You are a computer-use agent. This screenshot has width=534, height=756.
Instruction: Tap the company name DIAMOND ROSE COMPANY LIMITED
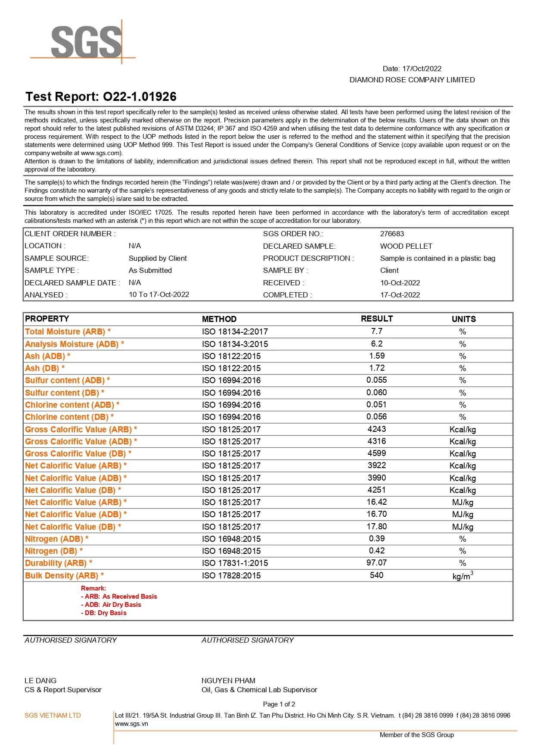click(412, 80)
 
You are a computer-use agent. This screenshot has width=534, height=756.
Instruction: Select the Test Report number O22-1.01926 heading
click(101, 97)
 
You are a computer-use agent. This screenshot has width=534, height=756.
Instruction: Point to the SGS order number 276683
click(392, 234)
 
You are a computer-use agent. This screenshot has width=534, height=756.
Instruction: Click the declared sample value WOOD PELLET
click(406, 246)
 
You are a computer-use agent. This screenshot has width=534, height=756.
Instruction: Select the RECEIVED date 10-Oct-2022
click(400, 283)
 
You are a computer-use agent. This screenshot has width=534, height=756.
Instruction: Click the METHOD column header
click(219, 319)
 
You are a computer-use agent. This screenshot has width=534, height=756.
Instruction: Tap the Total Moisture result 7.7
click(376, 331)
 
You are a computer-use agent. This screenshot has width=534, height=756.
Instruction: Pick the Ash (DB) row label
click(44, 368)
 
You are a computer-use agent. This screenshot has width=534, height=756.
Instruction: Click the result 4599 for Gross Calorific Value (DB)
click(376, 453)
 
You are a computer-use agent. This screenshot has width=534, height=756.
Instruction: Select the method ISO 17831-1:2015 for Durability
click(235, 563)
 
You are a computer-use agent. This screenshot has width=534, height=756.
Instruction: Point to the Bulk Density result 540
click(376, 575)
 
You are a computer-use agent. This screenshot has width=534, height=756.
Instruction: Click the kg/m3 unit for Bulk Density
click(463, 576)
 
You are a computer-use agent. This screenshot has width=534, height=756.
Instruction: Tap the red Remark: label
click(93, 588)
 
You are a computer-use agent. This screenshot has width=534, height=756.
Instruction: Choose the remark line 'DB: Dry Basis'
click(104, 612)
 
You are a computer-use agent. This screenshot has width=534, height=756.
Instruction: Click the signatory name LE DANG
click(40, 680)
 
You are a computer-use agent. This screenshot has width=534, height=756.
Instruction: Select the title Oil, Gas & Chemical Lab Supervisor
click(259, 690)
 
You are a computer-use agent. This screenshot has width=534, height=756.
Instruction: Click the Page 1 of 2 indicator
click(279, 704)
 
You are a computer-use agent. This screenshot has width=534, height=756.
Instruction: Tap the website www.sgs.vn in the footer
click(131, 724)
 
